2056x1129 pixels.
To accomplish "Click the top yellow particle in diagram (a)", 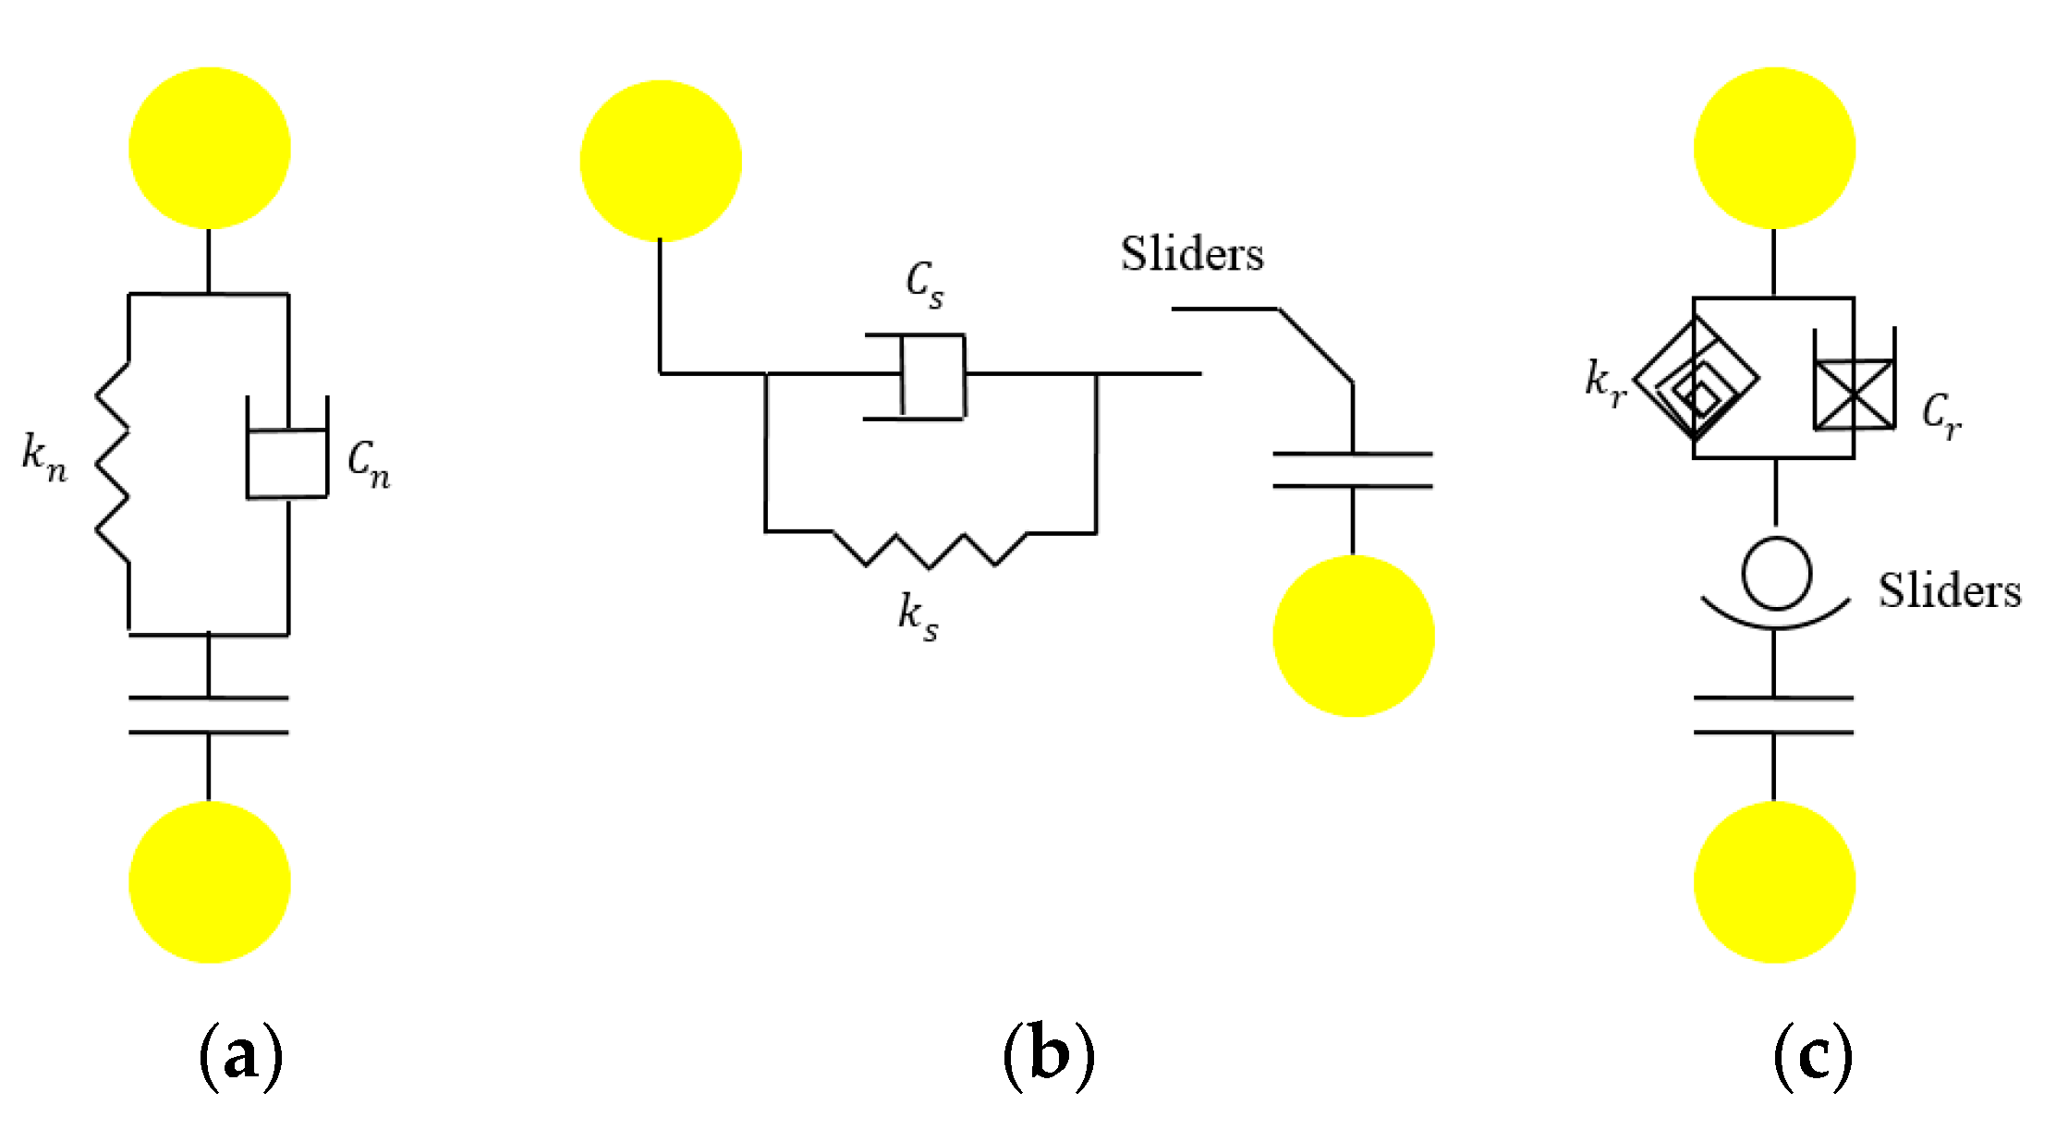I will pos(210,148).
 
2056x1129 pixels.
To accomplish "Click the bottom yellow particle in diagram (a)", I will pos(210,881).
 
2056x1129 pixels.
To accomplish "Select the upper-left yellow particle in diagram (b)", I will pos(661,161).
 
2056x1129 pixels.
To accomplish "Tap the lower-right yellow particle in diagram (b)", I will pos(1354,636).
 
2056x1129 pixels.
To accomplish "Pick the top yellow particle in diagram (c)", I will pos(1774,148).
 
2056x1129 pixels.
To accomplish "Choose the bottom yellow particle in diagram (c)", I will pos(1774,881).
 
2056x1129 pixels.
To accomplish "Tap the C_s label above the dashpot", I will pos(924,284).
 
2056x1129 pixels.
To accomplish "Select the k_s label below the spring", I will pos(918,616).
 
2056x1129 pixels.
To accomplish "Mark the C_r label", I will pos(1941,415).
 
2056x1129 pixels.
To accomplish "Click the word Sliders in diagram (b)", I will pos(1192,254).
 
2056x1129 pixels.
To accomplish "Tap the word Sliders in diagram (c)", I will pos(1950,591).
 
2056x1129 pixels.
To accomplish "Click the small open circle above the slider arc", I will pos(1776,574).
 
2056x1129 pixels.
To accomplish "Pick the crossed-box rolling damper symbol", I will pos(1854,395).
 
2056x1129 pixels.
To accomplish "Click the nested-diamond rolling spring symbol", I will pos(1697,378).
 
